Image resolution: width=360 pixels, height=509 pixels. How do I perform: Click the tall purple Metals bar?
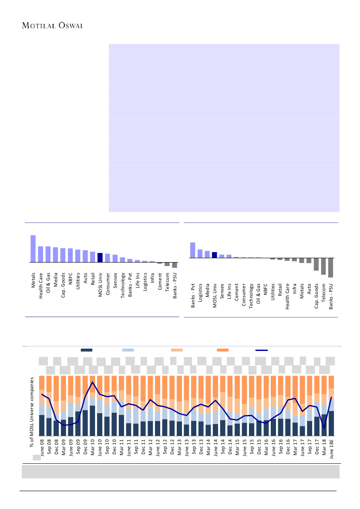[33, 249]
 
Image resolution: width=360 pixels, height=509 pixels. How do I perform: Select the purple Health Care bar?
[40, 254]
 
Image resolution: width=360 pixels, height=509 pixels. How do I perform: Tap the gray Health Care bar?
[287, 260]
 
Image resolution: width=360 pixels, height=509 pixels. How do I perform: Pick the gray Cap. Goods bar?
[316, 264]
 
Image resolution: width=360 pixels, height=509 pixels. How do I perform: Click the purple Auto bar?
[85, 256]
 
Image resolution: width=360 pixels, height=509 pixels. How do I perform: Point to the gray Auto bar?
[309, 260]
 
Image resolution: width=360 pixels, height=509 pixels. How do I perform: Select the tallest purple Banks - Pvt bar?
[192, 250]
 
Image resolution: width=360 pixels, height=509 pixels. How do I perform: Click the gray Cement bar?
[159, 263]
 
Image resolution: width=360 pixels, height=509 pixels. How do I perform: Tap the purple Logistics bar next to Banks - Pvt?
[200, 253]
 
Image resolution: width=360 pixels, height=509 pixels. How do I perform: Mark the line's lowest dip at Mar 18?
[324, 428]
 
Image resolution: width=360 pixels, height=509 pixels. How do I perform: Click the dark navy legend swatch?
[87, 350]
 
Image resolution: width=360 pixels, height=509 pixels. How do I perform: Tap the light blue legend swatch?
[128, 350]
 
